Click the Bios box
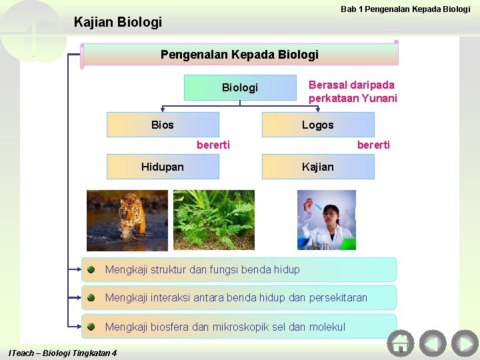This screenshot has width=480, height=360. pyautogui.click(x=163, y=125)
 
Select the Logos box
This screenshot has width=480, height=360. pyautogui.click(x=318, y=125)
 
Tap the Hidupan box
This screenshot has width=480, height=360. pyautogui.click(x=163, y=167)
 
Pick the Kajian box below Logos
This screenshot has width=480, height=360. pyautogui.click(x=318, y=167)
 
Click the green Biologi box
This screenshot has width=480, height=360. pyautogui.click(x=239, y=87)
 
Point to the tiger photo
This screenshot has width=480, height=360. pyautogui.click(x=127, y=220)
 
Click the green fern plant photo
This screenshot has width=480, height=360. pyautogui.click(x=213, y=220)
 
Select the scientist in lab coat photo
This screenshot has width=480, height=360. pyautogui.click(x=326, y=220)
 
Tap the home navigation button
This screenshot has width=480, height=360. pyautogui.click(x=401, y=343)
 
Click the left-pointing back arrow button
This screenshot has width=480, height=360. pyautogui.click(x=433, y=343)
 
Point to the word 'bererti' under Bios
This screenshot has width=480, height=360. pyautogui.click(x=213, y=145)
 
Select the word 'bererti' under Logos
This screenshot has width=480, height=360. pyautogui.click(x=373, y=145)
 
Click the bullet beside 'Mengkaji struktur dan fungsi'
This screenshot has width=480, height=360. pyautogui.click(x=91, y=269)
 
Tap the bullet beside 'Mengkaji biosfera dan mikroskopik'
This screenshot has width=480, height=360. pyautogui.click(x=91, y=327)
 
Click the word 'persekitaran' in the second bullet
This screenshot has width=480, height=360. pyautogui.click(x=338, y=297)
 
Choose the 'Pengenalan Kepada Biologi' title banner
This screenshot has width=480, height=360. pyautogui.click(x=239, y=55)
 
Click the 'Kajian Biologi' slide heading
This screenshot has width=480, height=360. pyautogui.click(x=118, y=23)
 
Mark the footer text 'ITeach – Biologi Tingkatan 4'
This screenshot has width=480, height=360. pyautogui.click(x=63, y=353)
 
